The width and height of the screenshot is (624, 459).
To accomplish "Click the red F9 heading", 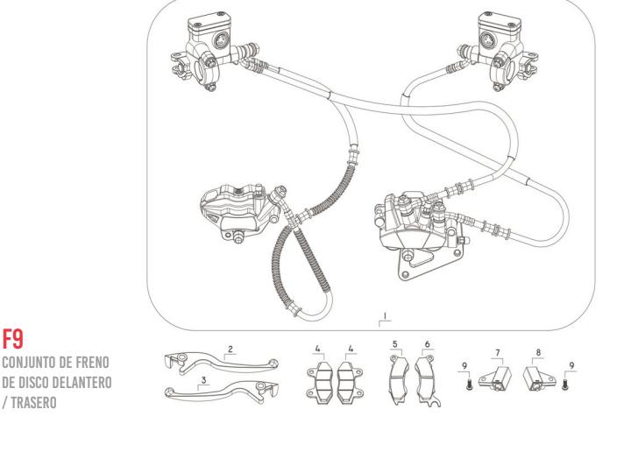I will point(14,335).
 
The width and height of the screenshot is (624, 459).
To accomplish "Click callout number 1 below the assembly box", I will point(385,313).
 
